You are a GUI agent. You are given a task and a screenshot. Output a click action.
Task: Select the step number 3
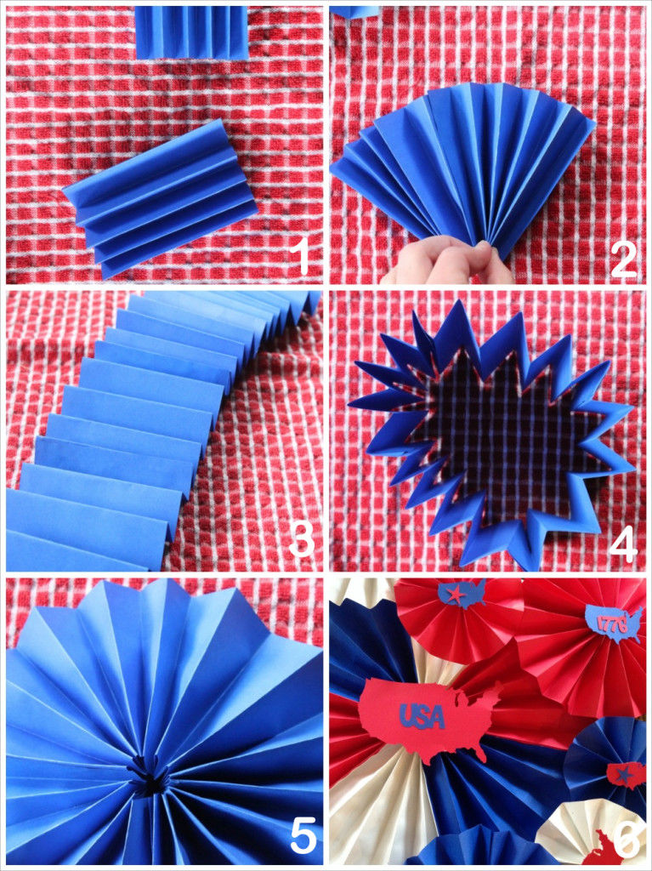click(300, 538)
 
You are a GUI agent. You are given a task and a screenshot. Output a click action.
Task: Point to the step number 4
click(623, 544)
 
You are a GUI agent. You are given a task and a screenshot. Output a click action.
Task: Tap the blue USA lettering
click(422, 717)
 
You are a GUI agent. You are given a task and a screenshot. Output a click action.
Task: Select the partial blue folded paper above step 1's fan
click(191, 32)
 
